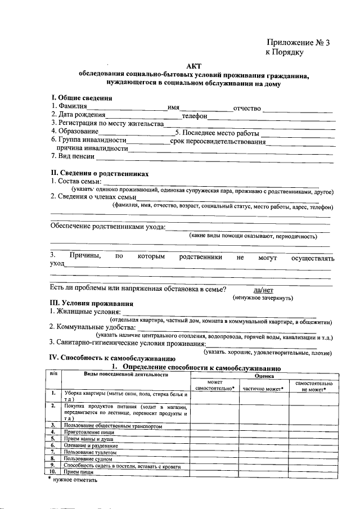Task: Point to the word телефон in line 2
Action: tap(195, 116)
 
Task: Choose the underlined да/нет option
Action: tap(263, 290)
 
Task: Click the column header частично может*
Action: tap(263, 388)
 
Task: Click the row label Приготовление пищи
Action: tap(89, 431)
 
